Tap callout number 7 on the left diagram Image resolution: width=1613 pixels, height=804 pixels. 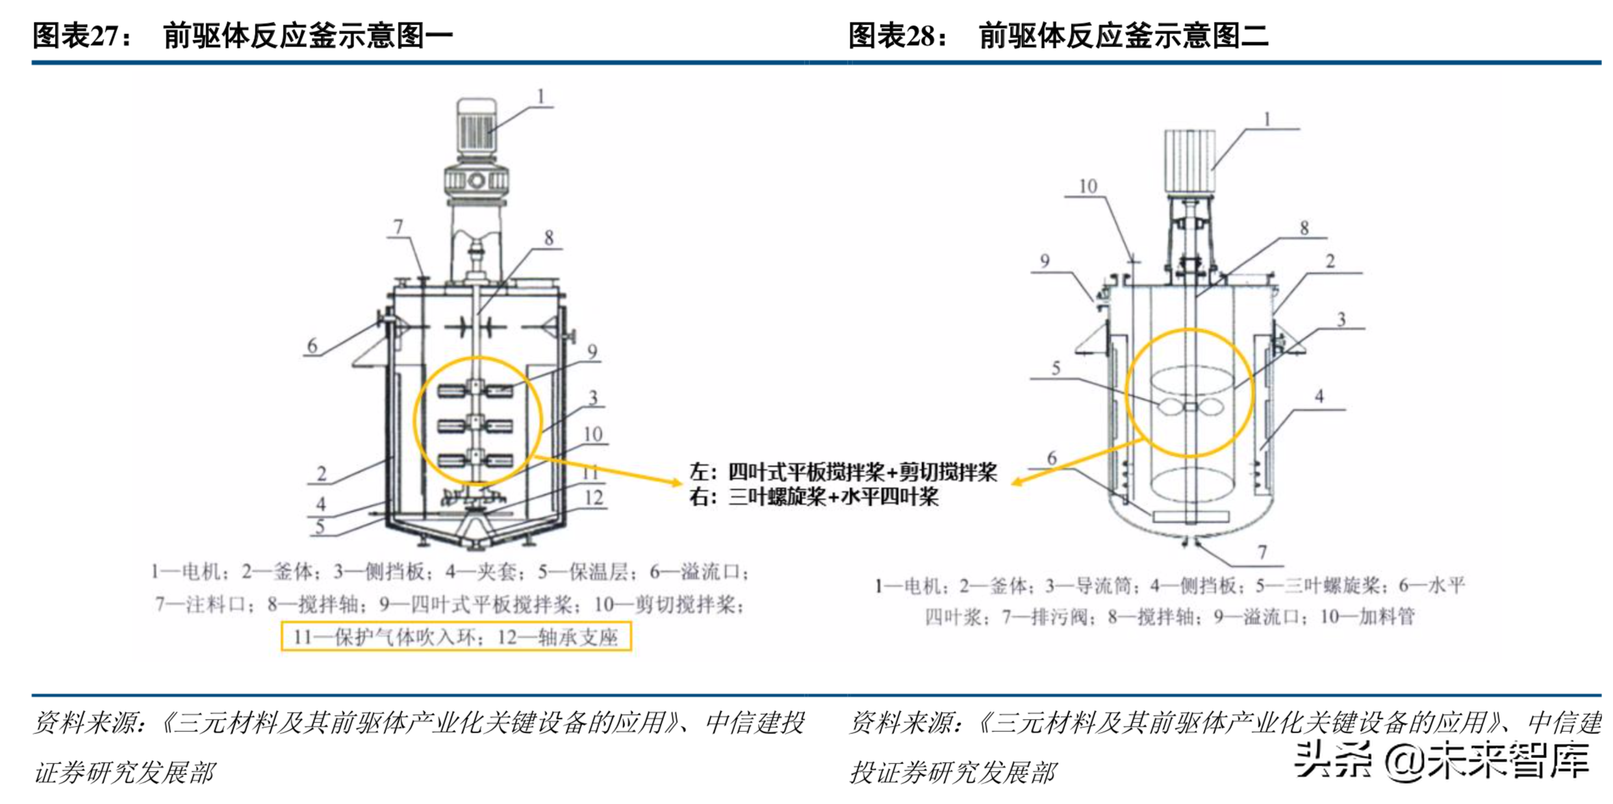(x=398, y=226)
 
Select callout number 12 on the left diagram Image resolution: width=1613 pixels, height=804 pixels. (x=593, y=498)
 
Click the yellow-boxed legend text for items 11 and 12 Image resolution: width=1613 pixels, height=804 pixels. (x=456, y=637)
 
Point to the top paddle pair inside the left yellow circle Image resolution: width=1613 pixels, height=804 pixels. (x=476, y=390)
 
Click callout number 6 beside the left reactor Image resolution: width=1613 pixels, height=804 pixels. (x=312, y=346)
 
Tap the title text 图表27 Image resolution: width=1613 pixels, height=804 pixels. (x=82, y=36)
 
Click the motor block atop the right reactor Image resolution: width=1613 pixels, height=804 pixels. (x=1190, y=161)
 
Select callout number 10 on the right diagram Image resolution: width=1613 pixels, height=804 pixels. (x=1087, y=186)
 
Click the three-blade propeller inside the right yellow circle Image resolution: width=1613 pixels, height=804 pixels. (x=1190, y=407)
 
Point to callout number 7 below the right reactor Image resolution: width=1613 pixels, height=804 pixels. (x=1262, y=552)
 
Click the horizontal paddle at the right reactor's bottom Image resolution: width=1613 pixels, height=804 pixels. (x=1190, y=517)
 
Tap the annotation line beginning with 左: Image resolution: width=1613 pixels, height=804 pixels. (x=842, y=472)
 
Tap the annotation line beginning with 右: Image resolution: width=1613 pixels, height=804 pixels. (x=813, y=497)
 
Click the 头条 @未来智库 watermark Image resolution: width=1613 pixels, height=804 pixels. (x=1441, y=760)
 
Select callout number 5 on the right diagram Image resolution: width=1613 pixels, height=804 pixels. (x=1056, y=368)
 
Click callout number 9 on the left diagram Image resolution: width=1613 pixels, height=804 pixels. (x=592, y=352)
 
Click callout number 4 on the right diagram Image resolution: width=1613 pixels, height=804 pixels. (x=1319, y=397)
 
